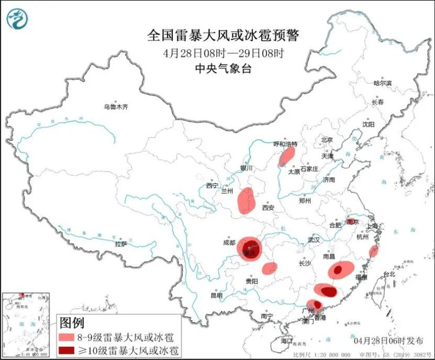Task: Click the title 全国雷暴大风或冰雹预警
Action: click(227, 35)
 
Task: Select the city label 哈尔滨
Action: click(383, 83)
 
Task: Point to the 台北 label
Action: click(389, 274)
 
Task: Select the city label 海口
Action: click(286, 341)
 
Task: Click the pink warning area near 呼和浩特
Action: click(286, 157)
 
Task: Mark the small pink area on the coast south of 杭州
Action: click(373, 251)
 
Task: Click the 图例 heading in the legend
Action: click(72, 323)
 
